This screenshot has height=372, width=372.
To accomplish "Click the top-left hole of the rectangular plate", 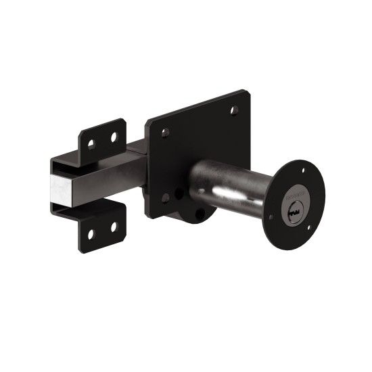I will [x=165, y=133].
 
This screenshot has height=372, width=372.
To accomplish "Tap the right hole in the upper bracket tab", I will [x=114, y=137].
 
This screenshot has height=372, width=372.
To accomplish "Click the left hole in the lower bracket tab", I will [x=91, y=234].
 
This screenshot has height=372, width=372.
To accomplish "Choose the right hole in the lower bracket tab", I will [x=114, y=227].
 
